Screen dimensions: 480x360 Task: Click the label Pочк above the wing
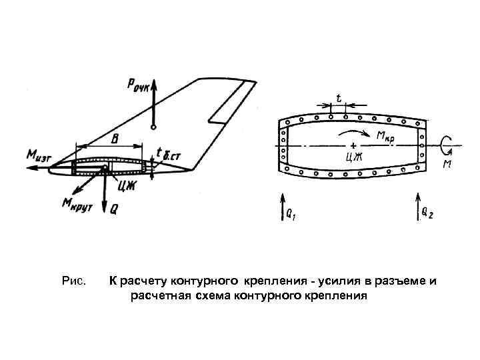(x=139, y=84)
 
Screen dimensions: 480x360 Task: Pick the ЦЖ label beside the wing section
(x=128, y=184)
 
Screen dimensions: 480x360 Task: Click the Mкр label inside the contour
(x=385, y=136)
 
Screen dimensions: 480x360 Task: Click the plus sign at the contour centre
(x=352, y=145)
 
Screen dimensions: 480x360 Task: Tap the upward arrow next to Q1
(x=282, y=207)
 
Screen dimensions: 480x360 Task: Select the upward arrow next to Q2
(x=418, y=206)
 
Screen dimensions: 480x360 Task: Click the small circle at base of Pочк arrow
(x=154, y=126)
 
